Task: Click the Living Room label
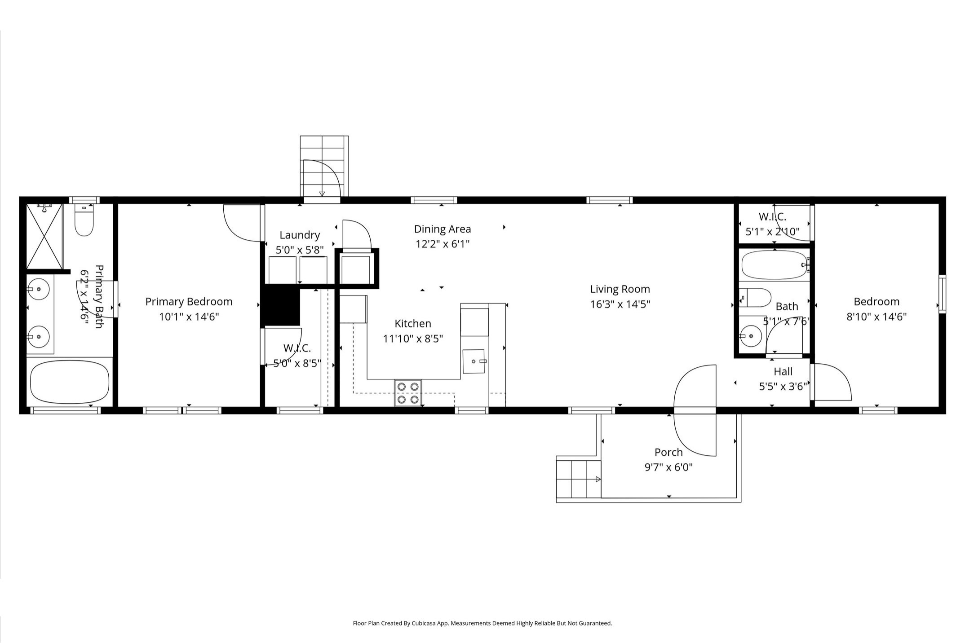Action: pos(620,289)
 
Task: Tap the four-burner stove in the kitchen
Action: pos(408,393)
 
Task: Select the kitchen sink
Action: pos(474,361)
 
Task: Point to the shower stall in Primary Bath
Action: pos(44,236)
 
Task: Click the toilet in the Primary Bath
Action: pos(84,220)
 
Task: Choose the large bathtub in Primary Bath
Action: pos(70,382)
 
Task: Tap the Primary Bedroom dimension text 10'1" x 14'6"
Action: pos(189,317)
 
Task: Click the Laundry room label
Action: pos(300,235)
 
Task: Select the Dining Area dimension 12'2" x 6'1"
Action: pos(443,244)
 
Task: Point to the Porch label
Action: pos(668,452)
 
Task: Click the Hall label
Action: pos(783,371)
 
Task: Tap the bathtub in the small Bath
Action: pos(774,265)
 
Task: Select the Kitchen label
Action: pos(413,323)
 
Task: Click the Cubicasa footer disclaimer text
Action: pos(482,623)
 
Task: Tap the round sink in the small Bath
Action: pos(750,336)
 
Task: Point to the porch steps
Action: pos(579,479)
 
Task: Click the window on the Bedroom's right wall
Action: pos(942,294)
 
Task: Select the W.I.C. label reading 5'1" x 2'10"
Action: pos(773,224)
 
